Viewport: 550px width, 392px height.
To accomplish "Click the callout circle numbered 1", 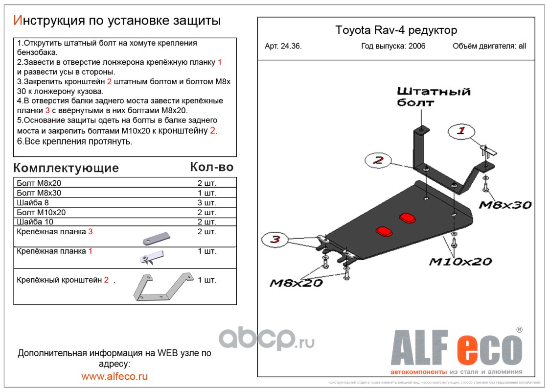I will [x=460, y=131].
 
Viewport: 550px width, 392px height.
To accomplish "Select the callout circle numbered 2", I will [x=377, y=160].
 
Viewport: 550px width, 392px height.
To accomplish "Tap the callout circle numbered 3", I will [x=275, y=240].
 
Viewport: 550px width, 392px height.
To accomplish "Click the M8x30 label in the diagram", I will [x=504, y=205].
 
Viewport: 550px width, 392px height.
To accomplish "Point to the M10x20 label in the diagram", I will [x=460, y=262].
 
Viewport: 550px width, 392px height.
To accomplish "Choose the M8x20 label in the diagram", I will [x=296, y=283].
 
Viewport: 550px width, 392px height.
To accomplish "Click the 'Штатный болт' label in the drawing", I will [x=433, y=97].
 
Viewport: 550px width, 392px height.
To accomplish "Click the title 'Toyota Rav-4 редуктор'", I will [x=396, y=30].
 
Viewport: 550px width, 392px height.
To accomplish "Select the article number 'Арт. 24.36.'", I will [x=283, y=47].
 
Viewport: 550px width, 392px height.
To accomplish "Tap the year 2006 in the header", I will [x=416, y=47].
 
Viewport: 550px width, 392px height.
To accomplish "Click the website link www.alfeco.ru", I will [x=115, y=376].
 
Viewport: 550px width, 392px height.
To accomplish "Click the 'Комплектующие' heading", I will [x=66, y=168].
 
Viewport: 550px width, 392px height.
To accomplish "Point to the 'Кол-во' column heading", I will [x=211, y=167].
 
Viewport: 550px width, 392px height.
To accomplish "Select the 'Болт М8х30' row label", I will [x=39, y=193].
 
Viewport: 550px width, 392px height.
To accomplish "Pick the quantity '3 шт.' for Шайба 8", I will [x=206, y=202].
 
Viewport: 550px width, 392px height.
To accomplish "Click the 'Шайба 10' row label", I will [x=34, y=222].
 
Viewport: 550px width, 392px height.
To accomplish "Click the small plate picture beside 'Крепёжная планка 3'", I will [x=156, y=238].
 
